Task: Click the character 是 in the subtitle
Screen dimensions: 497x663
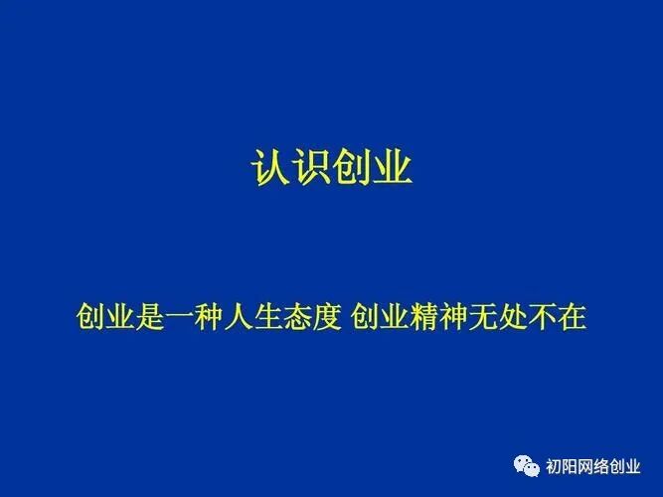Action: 147,318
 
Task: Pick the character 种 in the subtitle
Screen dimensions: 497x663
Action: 203,318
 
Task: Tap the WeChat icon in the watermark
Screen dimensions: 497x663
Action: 527,464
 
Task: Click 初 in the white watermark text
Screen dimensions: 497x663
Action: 554,465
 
